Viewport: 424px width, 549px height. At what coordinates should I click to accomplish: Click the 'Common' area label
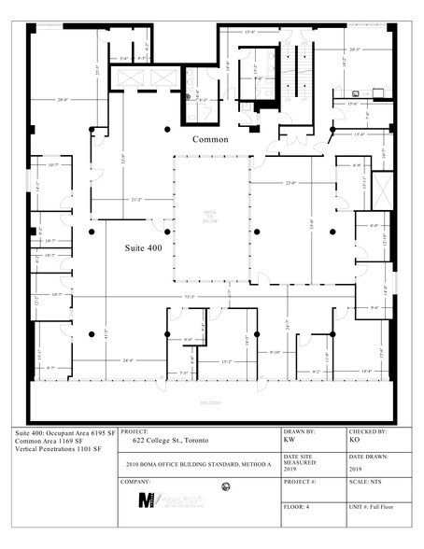[x=211, y=139]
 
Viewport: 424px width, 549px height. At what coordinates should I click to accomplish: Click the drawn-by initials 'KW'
[x=290, y=440]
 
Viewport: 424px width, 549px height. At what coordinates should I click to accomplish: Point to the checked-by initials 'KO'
[x=354, y=440]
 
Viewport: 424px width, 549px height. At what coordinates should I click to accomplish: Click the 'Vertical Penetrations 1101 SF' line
[x=59, y=452]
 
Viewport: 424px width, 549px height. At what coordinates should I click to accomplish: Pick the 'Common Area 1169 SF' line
[x=51, y=443]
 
